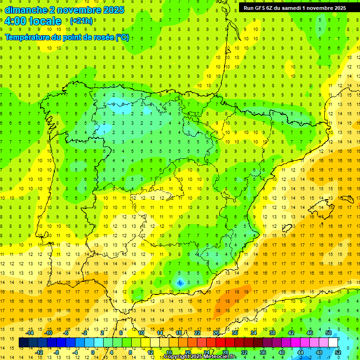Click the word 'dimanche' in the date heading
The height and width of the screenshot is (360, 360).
coord(26,10)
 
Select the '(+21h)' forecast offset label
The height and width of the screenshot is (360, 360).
coord(81,21)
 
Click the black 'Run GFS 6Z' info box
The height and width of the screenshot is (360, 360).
coord(295,7)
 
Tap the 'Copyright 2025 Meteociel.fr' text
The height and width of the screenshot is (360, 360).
coord(200,357)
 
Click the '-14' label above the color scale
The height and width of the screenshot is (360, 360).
coord(30,333)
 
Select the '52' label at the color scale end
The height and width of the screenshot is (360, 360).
coord(338,352)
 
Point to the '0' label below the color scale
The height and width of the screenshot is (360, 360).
coord(93,352)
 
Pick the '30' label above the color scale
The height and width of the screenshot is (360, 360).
coord(234,333)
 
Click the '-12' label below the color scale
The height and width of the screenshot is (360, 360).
coord(39,352)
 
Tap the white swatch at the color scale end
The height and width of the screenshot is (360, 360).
coord(333,343)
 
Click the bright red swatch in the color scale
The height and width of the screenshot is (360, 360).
coord(221,343)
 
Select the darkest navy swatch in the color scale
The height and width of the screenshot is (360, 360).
coord(23,343)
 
